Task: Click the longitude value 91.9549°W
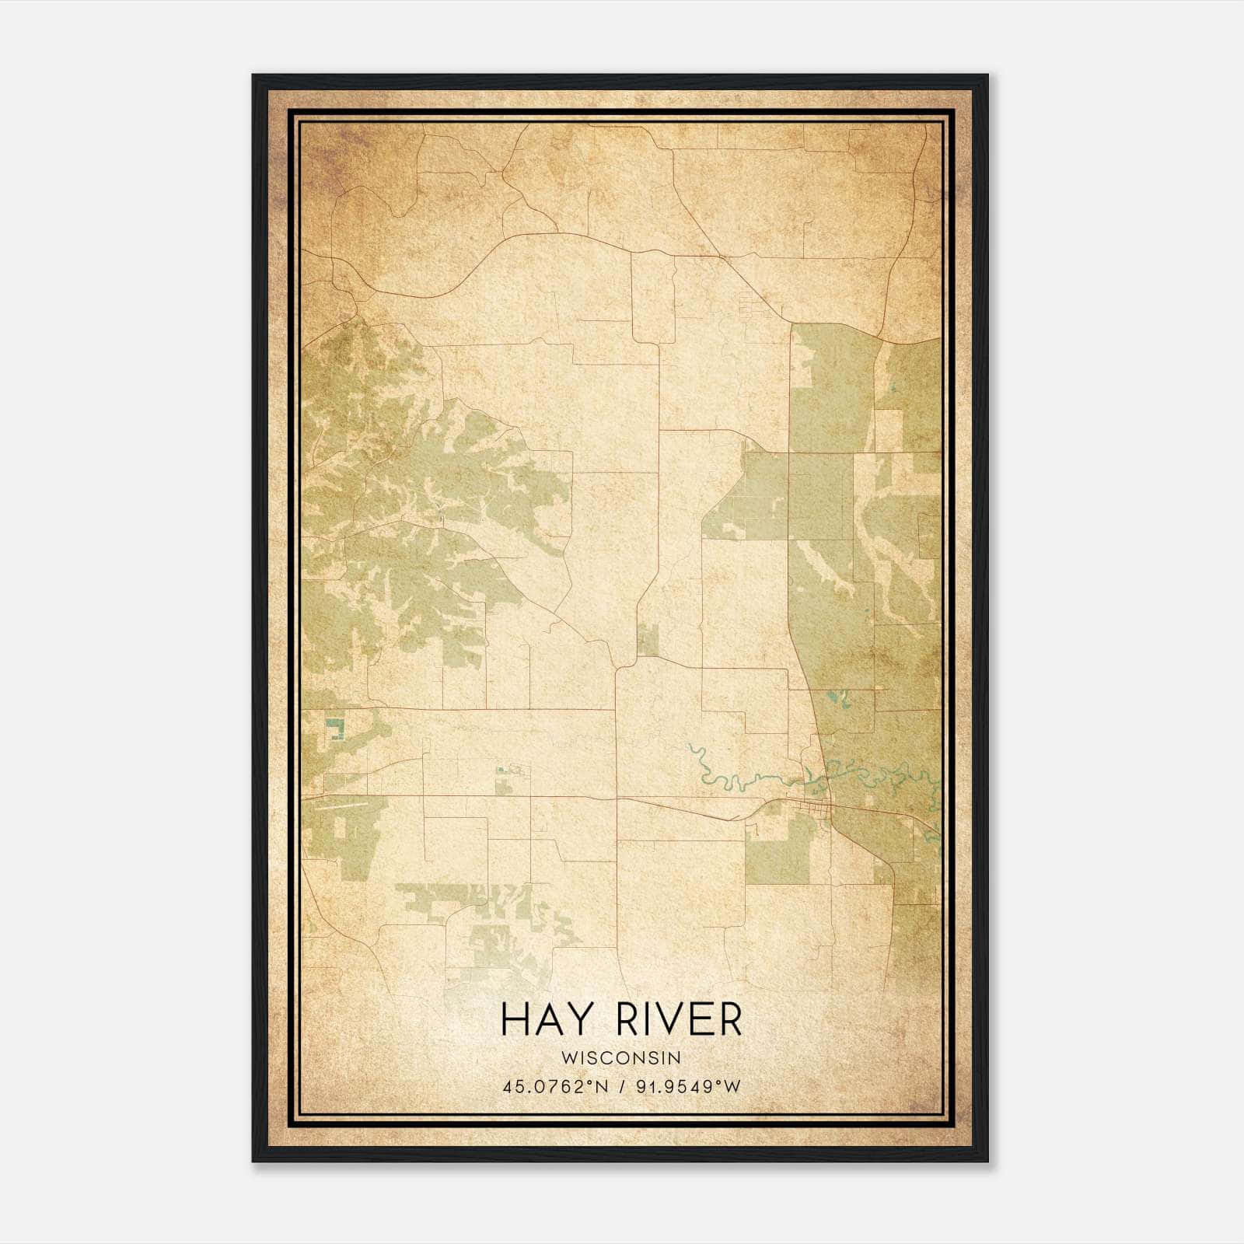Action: (689, 1087)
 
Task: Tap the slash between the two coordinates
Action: (622, 1087)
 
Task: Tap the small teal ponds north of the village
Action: (838, 697)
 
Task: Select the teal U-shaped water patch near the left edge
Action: (336, 729)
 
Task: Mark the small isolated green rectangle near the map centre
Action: (647, 639)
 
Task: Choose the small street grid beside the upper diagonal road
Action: (753, 305)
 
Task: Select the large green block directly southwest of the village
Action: (777, 851)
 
